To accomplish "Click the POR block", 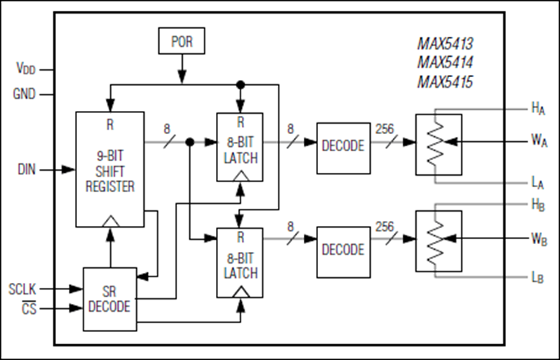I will point(181,42).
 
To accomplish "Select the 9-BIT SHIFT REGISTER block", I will point(109,169).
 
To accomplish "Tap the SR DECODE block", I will point(109,298).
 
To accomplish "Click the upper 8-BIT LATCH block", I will point(240,147).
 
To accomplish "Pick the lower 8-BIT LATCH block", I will point(240,262).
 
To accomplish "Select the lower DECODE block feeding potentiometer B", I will point(343,250).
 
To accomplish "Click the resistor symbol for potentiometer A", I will point(433,143).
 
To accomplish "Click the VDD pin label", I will point(25,69).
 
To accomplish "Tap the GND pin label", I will point(24,94).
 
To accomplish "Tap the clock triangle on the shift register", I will point(109,220).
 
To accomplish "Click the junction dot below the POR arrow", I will point(240,84).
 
